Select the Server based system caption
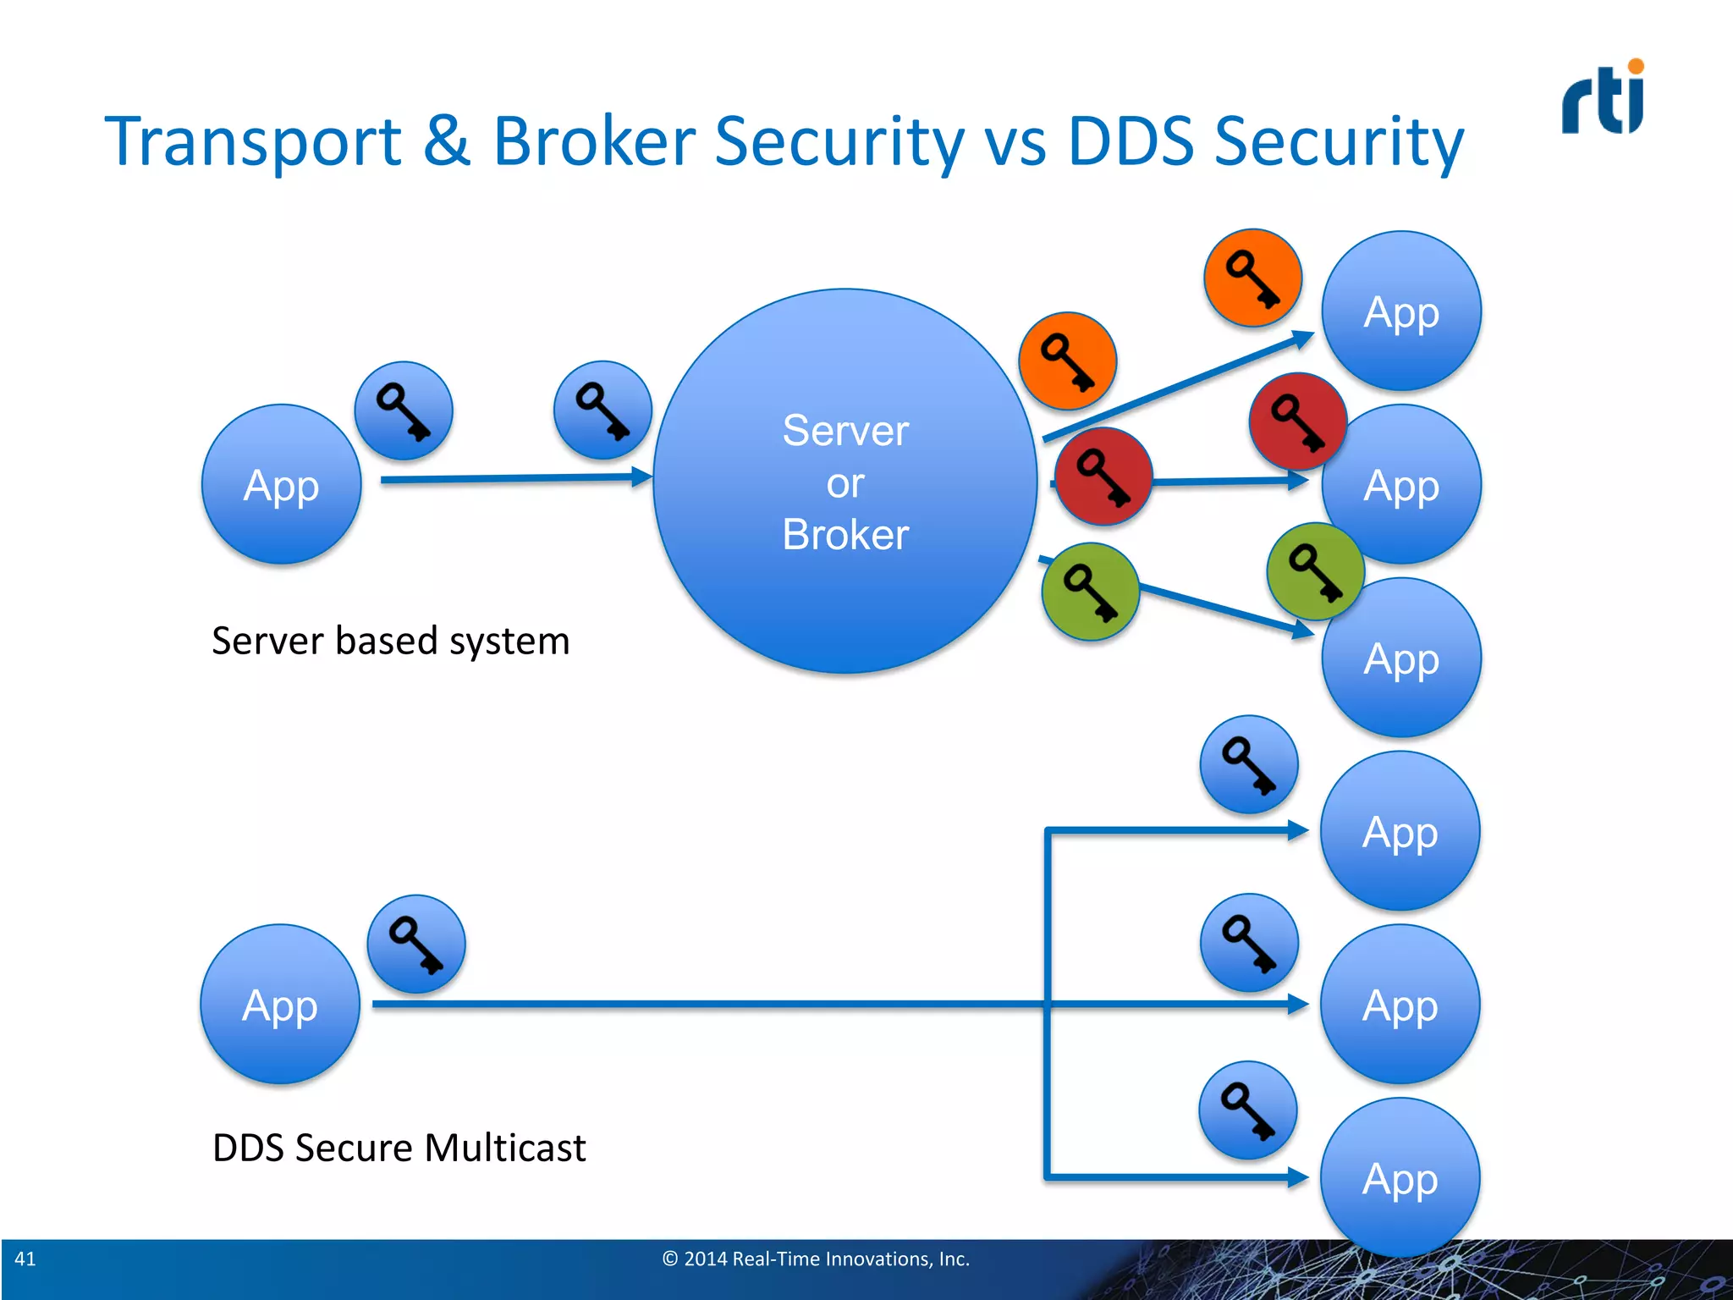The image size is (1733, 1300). [390, 641]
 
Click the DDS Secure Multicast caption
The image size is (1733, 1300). [399, 1149]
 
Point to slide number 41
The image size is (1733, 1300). [25, 1259]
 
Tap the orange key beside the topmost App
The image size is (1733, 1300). [1252, 278]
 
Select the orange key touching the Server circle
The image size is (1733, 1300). [1067, 361]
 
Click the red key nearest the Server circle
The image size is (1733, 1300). [1103, 476]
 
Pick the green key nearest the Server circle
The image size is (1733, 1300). [1090, 592]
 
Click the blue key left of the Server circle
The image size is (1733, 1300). [602, 410]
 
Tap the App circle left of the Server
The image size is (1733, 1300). [281, 484]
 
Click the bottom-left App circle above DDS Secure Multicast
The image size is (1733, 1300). [280, 1005]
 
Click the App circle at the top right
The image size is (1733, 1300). [1401, 311]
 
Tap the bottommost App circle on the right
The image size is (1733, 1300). [1400, 1177]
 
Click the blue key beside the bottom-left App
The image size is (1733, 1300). [415, 944]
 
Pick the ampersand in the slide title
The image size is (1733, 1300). [446, 141]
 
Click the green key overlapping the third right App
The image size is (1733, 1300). [1314, 571]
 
